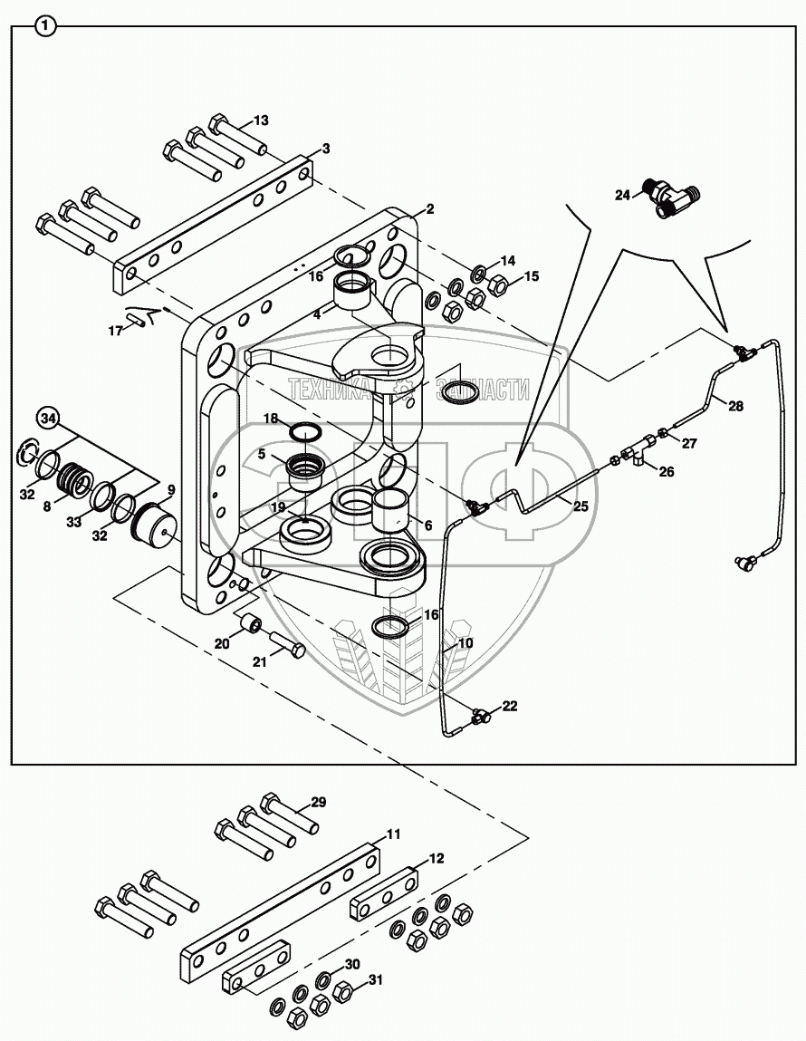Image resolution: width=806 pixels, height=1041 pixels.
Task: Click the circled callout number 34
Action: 49,418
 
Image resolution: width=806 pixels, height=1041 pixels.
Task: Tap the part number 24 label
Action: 622,195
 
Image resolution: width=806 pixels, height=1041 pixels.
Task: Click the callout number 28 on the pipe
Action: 735,406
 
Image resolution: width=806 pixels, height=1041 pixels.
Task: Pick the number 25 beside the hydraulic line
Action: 581,506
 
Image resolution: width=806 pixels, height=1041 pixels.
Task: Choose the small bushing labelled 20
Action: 251,625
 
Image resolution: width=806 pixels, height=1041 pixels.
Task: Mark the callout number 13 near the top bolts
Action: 261,120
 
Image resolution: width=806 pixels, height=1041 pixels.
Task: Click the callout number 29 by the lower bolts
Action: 317,802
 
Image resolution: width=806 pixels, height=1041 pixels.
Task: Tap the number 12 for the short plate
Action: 437,858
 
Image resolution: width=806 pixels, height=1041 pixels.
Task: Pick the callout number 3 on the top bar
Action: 326,149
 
